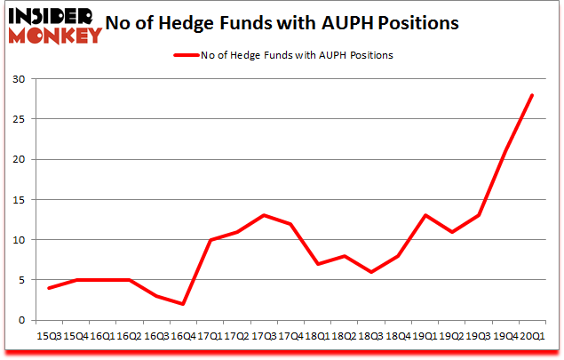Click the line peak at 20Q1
pyautogui.click(x=532, y=96)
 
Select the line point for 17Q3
pyautogui.click(x=263, y=216)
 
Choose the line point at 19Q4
pyautogui.click(x=505, y=152)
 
